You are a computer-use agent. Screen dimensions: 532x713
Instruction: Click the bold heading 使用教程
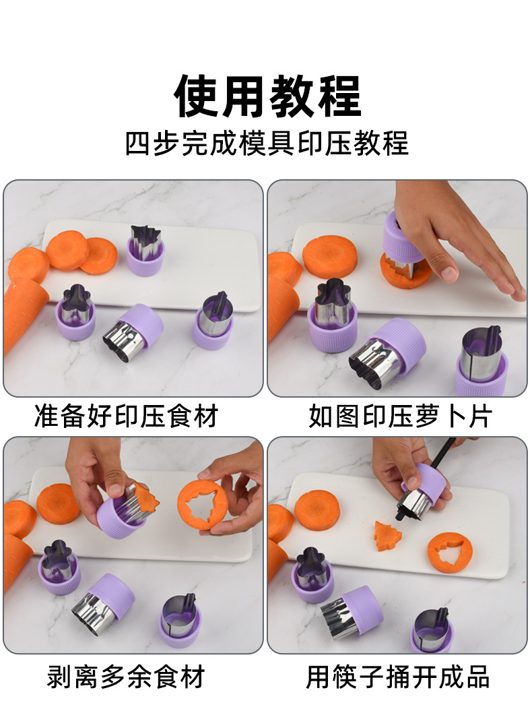tap(267, 96)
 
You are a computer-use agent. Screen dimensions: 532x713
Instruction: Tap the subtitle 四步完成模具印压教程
tap(267, 144)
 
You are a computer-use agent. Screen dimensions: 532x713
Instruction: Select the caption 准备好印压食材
tap(127, 416)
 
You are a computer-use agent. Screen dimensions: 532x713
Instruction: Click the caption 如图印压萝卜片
tap(400, 416)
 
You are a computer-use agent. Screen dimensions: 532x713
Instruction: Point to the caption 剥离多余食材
tap(126, 677)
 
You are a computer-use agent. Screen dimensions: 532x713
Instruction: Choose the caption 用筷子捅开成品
tap(398, 677)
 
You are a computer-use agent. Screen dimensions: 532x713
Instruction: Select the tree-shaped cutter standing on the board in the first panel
tap(145, 251)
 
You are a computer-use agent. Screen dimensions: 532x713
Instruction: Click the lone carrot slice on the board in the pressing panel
tap(330, 255)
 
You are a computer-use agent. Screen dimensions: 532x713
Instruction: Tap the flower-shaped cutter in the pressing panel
tap(331, 314)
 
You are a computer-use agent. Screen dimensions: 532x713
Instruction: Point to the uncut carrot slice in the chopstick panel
tap(317, 511)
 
